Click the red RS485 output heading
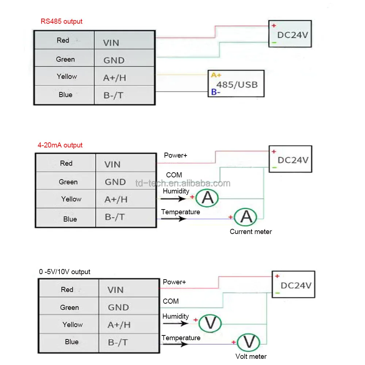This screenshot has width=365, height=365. [x=61, y=22]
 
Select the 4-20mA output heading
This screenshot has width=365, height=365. [x=60, y=145]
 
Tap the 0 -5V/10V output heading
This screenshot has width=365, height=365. [x=65, y=272]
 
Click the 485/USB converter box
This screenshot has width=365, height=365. [x=236, y=84]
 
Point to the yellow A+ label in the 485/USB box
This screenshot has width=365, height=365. [x=216, y=75]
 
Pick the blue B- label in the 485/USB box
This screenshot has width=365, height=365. [x=216, y=92]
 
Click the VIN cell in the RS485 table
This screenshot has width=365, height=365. [x=125, y=40]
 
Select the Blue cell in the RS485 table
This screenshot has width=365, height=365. [x=64, y=95]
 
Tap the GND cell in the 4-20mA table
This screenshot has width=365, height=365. [x=126, y=181]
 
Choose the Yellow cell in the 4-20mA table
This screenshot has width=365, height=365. [x=66, y=199]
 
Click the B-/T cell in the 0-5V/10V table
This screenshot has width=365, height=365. [x=129, y=343]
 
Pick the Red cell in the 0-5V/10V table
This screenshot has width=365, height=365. [x=69, y=288]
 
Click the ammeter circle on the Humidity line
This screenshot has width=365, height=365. [x=207, y=198]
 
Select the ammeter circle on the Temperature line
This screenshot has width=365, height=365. [x=246, y=217]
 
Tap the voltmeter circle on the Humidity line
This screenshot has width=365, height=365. [x=210, y=323]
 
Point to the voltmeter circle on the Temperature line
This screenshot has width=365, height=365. [x=249, y=342]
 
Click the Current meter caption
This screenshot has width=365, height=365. [x=251, y=232]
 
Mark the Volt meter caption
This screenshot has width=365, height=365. [x=251, y=356]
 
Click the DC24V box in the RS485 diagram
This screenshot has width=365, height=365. [x=290, y=34]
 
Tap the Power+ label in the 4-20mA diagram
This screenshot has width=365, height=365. [x=176, y=155]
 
